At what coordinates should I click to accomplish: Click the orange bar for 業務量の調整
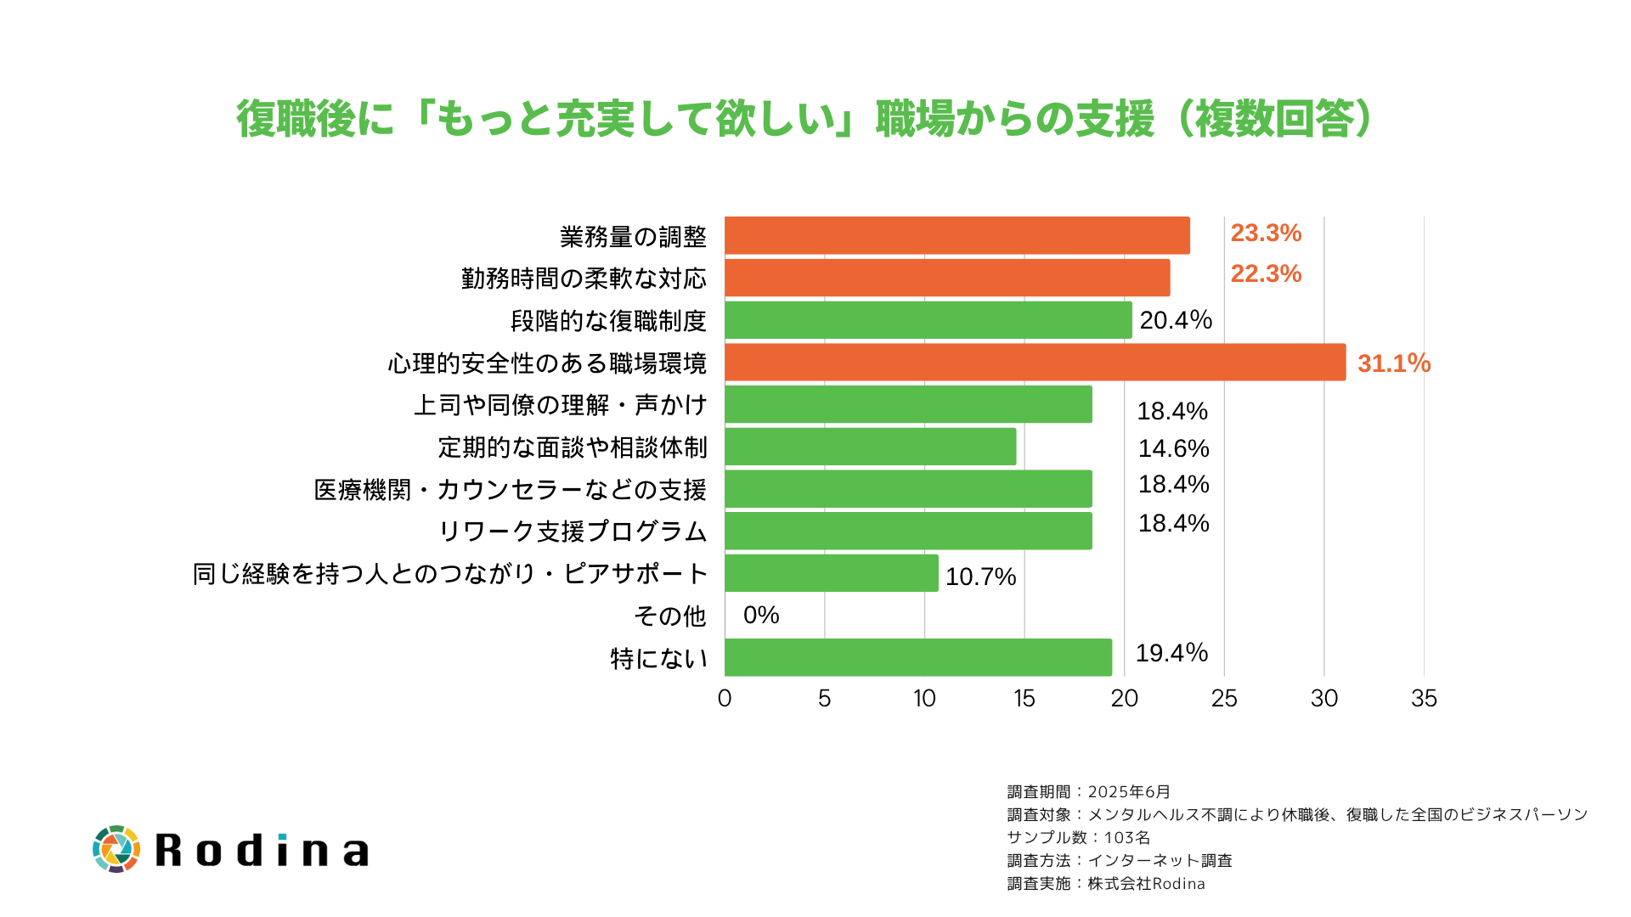(957, 235)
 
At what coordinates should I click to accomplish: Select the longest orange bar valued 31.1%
(1035, 362)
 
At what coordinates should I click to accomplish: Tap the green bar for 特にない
(917, 657)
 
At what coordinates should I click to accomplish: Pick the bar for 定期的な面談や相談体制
(870, 447)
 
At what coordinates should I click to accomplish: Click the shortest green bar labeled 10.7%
(831, 573)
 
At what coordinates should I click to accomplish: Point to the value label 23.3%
(1266, 233)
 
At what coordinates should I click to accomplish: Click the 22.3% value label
(1266, 273)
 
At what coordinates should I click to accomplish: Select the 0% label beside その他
(761, 615)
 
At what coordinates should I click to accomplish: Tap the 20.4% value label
(1176, 320)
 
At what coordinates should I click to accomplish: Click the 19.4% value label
(1171, 653)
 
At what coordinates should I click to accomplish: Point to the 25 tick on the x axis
(1224, 698)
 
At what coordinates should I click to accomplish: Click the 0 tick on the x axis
(725, 698)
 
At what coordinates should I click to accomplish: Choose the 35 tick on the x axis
(1424, 698)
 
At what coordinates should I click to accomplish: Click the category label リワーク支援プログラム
(573, 532)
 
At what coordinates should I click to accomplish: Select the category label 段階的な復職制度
(608, 321)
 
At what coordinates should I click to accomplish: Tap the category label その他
(669, 616)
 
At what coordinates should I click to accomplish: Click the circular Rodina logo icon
(116, 848)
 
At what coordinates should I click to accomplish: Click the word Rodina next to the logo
(262, 850)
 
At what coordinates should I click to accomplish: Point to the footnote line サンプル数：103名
(1078, 837)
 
